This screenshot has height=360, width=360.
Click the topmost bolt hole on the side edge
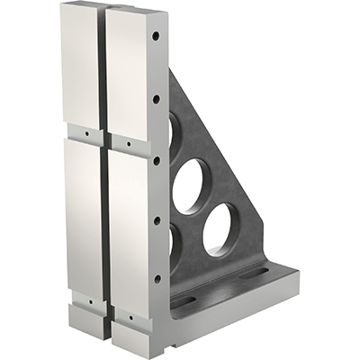156,37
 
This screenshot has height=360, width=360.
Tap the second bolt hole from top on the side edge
156,99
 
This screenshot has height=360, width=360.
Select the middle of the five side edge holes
156,160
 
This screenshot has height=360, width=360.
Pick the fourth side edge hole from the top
156,220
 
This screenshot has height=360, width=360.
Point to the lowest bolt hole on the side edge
156,278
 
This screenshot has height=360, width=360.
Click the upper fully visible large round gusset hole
189,185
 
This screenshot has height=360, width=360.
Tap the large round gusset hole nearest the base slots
220,230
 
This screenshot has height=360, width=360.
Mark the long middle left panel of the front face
83,216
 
